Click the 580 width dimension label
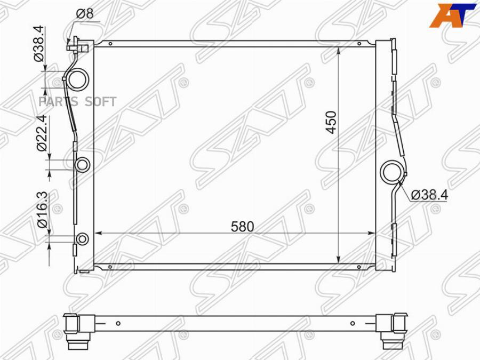click(243, 226)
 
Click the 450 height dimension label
click(332, 122)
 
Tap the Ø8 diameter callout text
click(85, 13)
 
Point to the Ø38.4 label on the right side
click(430, 195)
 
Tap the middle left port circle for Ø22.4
click(83, 165)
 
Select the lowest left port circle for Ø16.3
click(83, 239)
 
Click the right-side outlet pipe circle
click(394, 172)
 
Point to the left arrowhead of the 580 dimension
click(99, 233)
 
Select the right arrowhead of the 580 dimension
click(371, 233)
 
